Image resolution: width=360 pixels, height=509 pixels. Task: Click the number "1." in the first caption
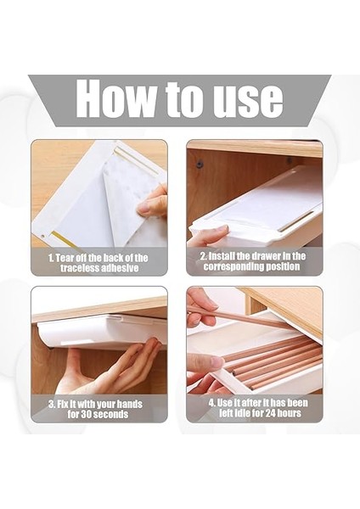click(51, 258)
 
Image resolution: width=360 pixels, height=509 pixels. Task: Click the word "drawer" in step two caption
click(265, 256)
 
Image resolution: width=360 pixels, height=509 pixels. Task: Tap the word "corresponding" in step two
click(234, 267)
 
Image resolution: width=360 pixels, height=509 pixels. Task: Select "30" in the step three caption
click(86, 414)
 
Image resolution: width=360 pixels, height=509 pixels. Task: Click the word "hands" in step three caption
click(129, 404)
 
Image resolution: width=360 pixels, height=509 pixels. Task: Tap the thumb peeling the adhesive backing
click(148, 207)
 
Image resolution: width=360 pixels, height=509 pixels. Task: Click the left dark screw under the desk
click(200, 164)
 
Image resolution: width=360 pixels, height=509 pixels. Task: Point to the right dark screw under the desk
click(289, 160)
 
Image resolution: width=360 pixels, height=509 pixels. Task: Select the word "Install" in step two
click(222, 256)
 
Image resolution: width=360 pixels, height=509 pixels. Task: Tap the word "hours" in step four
click(290, 413)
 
